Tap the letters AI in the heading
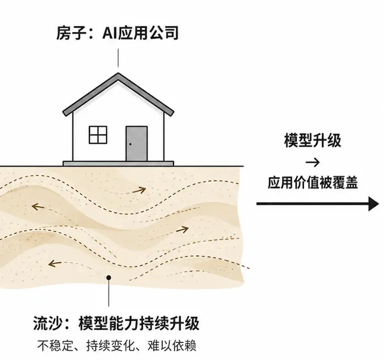click(x=110, y=33)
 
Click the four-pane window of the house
click(x=98, y=135)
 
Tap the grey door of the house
click(x=136, y=144)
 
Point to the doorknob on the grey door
click(x=130, y=144)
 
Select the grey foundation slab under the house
click(x=118, y=164)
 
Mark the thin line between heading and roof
click(x=118, y=58)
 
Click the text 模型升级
click(x=313, y=140)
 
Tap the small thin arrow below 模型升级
click(x=313, y=162)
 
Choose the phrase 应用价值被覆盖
click(x=313, y=182)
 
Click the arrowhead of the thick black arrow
click(x=374, y=204)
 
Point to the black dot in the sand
click(x=109, y=278)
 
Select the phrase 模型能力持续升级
click(x=139, y=324)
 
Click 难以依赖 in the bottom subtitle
click(x=172, y=346)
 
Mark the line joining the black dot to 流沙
click(x=109, y=293)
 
